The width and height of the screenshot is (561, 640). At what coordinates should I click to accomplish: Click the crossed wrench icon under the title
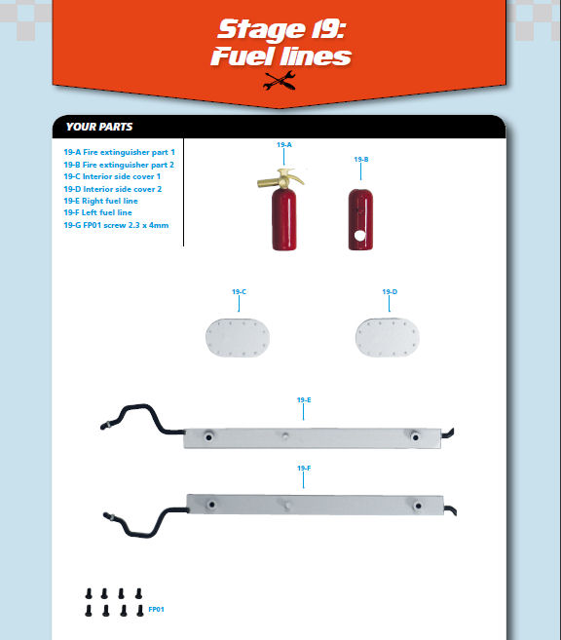coord(280,81)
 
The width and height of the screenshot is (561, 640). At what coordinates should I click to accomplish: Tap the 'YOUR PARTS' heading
coord(99,127)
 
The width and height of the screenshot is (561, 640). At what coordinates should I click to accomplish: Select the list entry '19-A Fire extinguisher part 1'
coord(119,152)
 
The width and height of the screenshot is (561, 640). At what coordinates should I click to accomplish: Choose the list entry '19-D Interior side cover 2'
coord(113,189)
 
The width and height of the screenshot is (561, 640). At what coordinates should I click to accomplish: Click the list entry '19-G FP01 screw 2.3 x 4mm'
coord(116,225)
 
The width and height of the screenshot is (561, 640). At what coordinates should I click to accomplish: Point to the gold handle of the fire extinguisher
coord(280,178)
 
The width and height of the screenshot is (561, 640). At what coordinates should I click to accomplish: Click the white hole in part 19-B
coord(359,235)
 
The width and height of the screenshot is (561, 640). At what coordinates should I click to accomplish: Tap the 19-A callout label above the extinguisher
coord(284,145)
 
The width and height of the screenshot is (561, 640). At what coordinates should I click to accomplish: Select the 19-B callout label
coord(361,159)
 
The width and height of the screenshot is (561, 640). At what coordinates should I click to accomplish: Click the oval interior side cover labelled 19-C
coord(238,338)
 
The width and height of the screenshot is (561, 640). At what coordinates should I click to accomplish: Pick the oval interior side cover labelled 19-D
coord(388,338)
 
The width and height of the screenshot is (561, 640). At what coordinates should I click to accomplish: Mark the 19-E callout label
coord(304,400)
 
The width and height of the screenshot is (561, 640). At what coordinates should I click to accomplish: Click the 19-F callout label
coord(304,469)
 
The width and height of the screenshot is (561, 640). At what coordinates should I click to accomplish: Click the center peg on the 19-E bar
coord(285,435)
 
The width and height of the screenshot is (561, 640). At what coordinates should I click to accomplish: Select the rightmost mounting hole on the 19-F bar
coord(418,506)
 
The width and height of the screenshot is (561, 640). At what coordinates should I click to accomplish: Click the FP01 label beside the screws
coord(156,610)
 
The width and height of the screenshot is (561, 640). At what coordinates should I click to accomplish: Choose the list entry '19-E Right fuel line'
coord(100,201)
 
